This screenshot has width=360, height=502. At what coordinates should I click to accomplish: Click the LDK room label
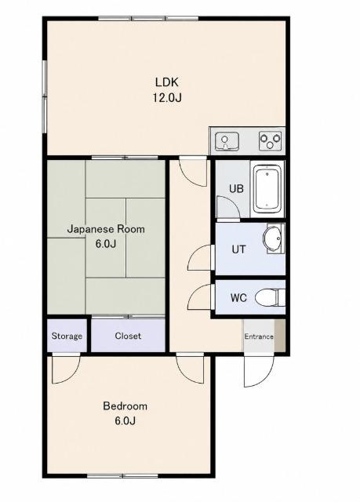coord(166,82)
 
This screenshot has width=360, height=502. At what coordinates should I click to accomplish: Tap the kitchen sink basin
coord(227,141)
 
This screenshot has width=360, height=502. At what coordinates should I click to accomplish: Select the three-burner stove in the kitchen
coord(270,141)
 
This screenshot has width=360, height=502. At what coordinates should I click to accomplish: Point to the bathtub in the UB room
coord(267,189)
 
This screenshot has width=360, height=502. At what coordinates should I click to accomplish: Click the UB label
coord(236,189)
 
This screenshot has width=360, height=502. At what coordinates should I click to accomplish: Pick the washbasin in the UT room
coord(273,238)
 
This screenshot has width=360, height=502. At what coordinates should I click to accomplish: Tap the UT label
coord(238,249)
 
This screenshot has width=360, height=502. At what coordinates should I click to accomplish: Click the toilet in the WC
coord(270,297)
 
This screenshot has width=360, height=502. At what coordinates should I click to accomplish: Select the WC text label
coord(238,298)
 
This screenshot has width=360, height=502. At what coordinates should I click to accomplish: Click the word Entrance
coord(259,336)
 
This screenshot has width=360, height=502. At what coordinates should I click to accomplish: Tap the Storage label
coord(67,336)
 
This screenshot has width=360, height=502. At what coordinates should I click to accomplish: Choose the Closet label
coord(128,336)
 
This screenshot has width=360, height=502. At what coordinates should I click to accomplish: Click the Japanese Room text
coord(106,229)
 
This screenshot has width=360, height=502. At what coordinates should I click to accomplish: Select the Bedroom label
coord(125,406)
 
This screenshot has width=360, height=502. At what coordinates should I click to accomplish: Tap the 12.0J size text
coord(167,97)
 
